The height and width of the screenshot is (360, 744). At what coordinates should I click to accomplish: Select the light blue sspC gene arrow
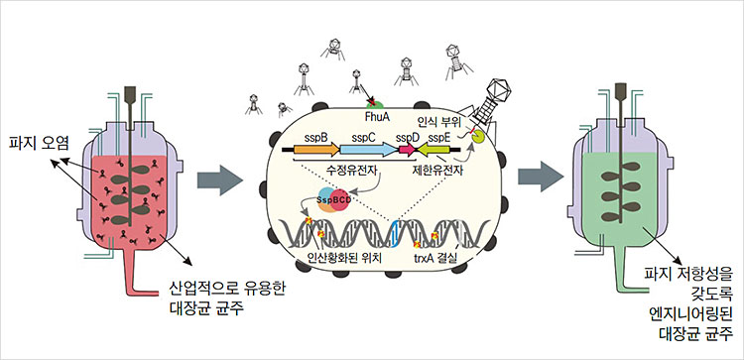[367, 152]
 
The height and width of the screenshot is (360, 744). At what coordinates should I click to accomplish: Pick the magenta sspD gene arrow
[407, 152]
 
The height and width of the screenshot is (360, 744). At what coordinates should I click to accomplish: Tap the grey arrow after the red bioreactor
[219, 180]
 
